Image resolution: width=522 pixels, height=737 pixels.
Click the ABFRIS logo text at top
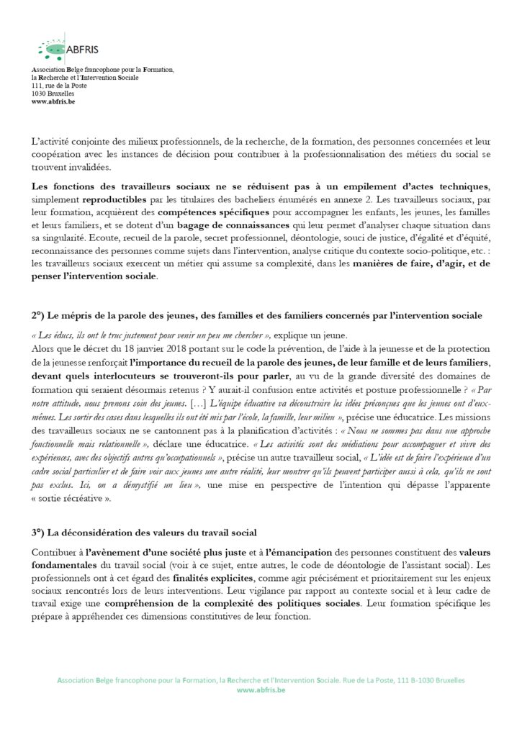tap(82, 49)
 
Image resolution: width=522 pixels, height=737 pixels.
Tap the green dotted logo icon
tap(51, 49)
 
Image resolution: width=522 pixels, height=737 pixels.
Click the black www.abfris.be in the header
tap(53, 101)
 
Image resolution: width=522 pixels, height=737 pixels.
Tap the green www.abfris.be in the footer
tap(261, 689)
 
